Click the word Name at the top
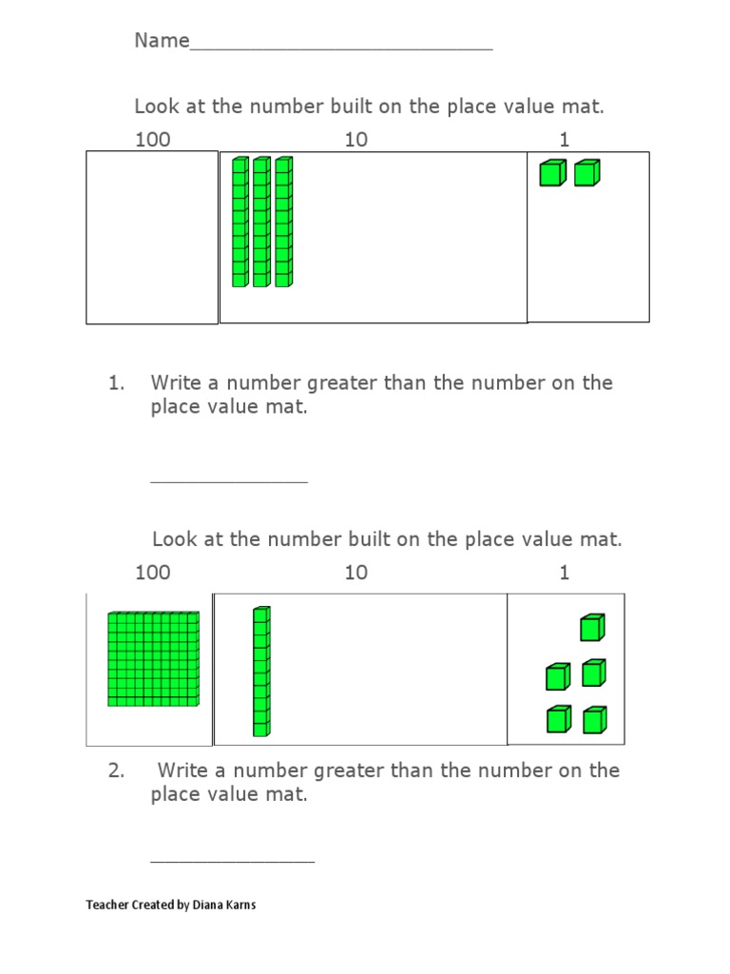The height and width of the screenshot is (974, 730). (x=162, y=41)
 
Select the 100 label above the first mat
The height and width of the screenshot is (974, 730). (x=152, y=140)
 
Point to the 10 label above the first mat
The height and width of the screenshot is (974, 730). (x=355, y=140)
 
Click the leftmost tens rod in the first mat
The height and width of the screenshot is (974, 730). (x=240, y=222)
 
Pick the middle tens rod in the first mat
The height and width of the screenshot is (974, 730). (x=261, y=222)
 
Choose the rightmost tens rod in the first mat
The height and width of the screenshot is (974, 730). (x=283, y=222)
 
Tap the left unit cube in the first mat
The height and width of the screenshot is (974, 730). (x=552, y=173)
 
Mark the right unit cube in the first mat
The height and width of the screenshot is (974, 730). (x=586, y=173)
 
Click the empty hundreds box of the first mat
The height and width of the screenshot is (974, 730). (x=152, y=237)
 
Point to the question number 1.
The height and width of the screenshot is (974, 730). (x=116, y=383)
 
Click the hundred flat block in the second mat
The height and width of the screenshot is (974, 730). (x=153, y=659)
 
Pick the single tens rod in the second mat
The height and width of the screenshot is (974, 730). (x=261, y=672)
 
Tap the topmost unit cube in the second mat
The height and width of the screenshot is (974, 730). (x=591, y=629)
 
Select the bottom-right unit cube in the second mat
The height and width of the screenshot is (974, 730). (x=594, y=721)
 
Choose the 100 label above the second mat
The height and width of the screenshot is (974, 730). (x=152, y=573)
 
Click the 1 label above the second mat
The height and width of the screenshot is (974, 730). (x=565, y=573)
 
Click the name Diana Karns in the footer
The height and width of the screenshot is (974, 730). (x=223, y=905)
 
